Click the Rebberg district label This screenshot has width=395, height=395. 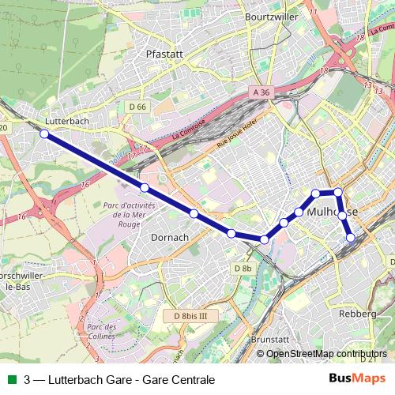pyautogui.click(x=357, y=314)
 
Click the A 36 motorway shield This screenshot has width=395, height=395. pyautogui.click(x=261, y=92)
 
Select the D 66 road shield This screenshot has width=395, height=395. pyautogui.click(x=137, y=106)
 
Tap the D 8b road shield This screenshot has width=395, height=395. pyautogui.click(x=243, y=269)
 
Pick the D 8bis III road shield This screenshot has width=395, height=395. pyautogui.click(x=190, y=316)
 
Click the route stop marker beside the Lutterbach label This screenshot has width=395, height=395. pyautogui.click(x=45, y=134)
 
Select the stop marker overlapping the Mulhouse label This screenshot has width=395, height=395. pyautogui.click(x=342, y=214)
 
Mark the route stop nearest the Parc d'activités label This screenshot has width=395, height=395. pyautogui.click(x=145, y=187)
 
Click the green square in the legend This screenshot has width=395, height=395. pyautogui.click(x=10, y=379)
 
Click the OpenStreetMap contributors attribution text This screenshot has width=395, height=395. pyautogui.click(x=326, y=354)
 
